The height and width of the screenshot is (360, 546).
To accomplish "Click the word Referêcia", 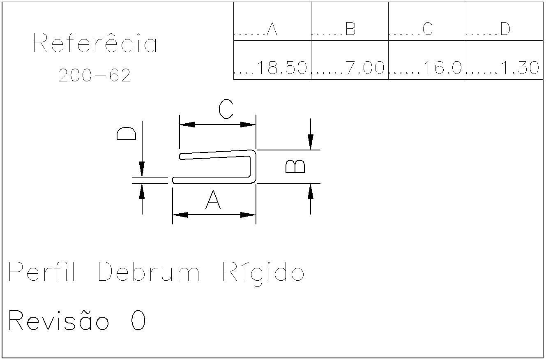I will [x=94, y=43].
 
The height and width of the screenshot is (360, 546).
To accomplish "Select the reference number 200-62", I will [x=94, y=75].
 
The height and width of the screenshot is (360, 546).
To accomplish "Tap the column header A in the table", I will [x=272, y=29].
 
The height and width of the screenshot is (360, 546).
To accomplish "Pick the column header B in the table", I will [x=350, y=29].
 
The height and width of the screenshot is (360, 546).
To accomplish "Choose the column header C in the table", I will [x=427, y=29].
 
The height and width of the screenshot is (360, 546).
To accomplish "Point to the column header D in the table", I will [x=505, y=29].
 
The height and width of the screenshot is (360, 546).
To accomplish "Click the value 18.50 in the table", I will [x=282, y=68].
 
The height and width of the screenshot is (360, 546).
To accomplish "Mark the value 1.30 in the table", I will [x=520, y=68].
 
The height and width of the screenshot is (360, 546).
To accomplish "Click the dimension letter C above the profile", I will [x=226, y=109].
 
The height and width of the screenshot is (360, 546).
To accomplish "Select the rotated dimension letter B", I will [x=295, y=166].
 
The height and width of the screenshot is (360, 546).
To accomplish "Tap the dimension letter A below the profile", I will [x=213, y=201].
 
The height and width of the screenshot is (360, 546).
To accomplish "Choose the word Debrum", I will [x=149, y=272].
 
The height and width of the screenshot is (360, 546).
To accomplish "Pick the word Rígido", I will [x=263, y=272].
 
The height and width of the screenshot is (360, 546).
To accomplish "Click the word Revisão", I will [x=59, y=321].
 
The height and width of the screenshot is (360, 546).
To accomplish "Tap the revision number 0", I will [x=138, y=321].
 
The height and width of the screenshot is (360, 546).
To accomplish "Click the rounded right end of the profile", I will [x=254, y=166].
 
